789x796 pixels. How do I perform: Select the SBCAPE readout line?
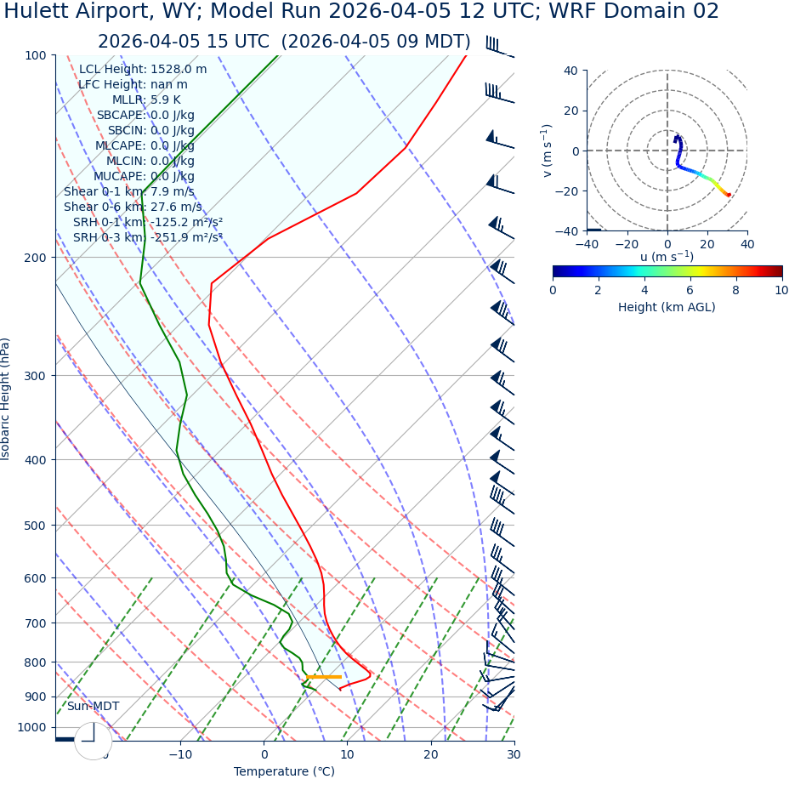click(145, 116)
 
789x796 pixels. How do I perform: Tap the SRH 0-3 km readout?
click(147, 238)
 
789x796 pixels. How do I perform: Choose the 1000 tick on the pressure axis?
click(31, 727)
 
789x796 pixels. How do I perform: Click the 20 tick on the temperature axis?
click(431, 754)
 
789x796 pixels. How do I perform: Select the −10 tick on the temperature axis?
click(179, 754)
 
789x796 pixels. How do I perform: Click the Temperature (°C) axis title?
click(284, 772)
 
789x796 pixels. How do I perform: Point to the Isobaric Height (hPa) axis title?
click(6, 399)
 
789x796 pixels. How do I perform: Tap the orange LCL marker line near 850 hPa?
click(324, 677)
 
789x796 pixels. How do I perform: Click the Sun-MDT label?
click(94, 707)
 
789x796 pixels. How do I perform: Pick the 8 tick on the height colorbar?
click(736, 290)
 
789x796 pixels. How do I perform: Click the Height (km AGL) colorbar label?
click(667, 307)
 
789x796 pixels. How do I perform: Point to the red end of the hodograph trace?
click(729, 195)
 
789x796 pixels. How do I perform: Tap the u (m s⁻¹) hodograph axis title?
click(667, 257)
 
